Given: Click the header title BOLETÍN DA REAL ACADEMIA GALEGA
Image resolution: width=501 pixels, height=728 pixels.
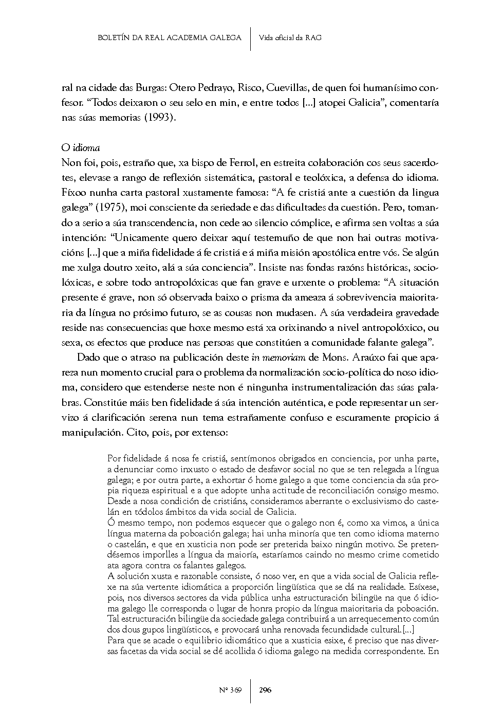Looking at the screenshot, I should [x=169, y=38].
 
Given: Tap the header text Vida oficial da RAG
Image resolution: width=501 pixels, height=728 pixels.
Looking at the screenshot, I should [x=290, y=38].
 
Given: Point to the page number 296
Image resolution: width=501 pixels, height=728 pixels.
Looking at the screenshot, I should [x=266, y=689].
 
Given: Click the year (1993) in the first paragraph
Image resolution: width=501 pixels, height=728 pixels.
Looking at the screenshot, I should [x=158, y=118].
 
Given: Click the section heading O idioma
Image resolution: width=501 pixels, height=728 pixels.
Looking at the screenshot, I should [x=81, y=147].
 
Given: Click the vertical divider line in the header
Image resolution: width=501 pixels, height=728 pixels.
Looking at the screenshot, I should [x=250, y=38].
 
